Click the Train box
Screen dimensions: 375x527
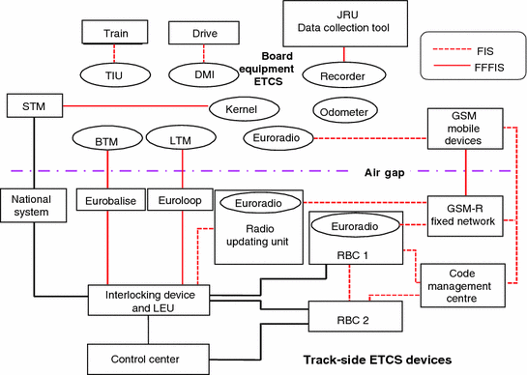(116, 35)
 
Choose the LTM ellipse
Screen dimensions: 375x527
(179, 142)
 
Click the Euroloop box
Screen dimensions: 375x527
(180, 201)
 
